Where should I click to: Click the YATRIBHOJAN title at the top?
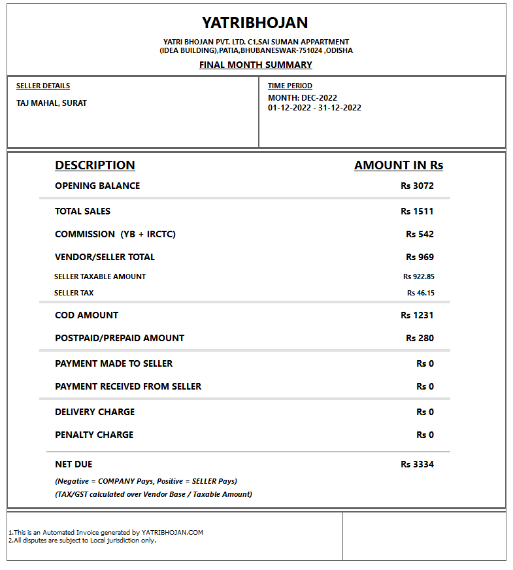pyautogui.click(x=255, y=23)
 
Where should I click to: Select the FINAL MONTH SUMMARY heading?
pyautogui.click(x=256, y=65)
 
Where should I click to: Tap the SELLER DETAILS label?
pyautogui.click(x=43, y=86)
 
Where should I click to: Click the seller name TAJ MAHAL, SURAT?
pyautogui.click(x=52, y=103)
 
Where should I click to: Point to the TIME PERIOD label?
pyautogui.click(x=290, y=86)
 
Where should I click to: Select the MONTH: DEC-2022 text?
pyautogui.click(x=303, y=98)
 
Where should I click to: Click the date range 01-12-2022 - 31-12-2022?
pyautogui.click(x=314, y=108)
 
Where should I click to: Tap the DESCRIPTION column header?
pyautogui.click(x=95, y=165)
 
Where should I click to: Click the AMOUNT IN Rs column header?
pyautogui.click(x=399, y=165)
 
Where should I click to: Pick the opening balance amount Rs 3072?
pyautogui.click(x=417, y=186)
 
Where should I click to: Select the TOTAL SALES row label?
pyautogui.click(x=83, y=211)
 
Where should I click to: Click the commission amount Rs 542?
pyautogui.click(x=420, y=234)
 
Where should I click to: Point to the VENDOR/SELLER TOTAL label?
pyautogui.click(x=105, y=257)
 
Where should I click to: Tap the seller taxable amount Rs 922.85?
pyautogui.click(x=418, y=277)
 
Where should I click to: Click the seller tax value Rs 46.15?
pyautogui.click(x=420, y=293)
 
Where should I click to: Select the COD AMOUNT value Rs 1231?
pyautogui.click(x=417, y=315)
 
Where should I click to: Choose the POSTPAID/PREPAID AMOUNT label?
pyautogui.click(x=120, y=338)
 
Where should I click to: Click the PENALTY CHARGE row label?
pyautogui.click(x=94, y=435)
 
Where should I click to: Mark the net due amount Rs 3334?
pyautogui.click(x=417, y=464)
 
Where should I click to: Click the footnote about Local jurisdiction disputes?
pyautogui.click(x=82, y=541)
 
